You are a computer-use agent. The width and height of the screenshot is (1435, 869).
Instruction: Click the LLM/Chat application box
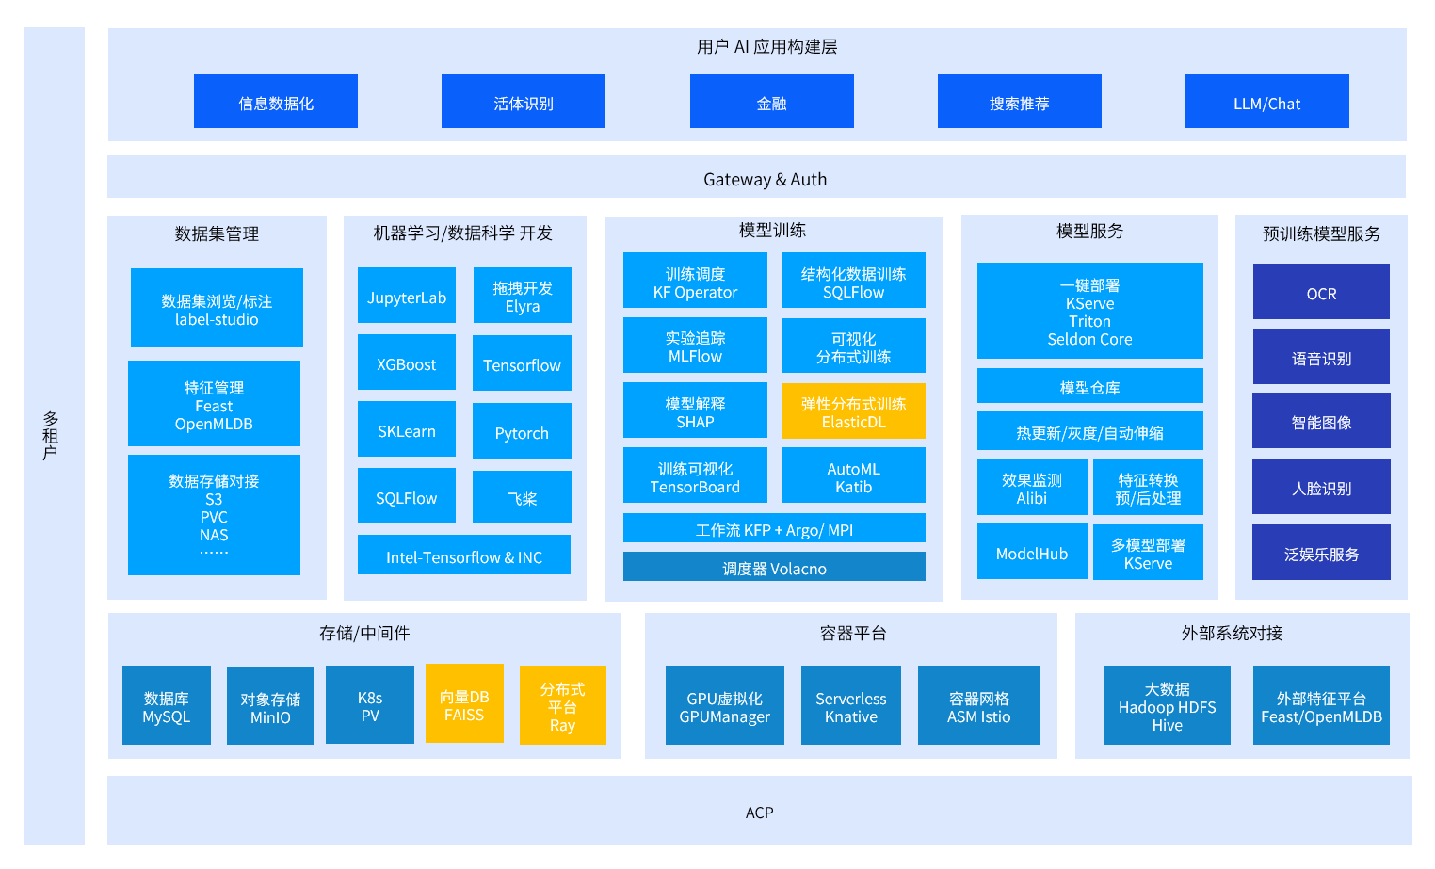coord(1266,102)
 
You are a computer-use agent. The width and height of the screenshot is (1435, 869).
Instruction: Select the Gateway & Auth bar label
coord(765,179)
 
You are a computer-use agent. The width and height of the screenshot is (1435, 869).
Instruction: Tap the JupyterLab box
coord(407,296)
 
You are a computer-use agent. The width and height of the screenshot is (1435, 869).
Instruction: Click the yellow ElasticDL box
coord(853,411)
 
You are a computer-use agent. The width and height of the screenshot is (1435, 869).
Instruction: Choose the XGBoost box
coord(407,362)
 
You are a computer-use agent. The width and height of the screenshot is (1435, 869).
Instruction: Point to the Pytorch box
coord(522,431)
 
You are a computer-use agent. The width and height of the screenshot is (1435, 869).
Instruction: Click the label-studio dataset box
coord(217,309)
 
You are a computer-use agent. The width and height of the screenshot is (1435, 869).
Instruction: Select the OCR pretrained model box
coord(1321,292)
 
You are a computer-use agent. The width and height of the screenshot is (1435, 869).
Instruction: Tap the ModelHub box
coord(1032,552)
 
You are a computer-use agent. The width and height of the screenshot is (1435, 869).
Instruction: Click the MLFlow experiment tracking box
coord(695,346)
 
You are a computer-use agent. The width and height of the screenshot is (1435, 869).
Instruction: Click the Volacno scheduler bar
coord(774,567)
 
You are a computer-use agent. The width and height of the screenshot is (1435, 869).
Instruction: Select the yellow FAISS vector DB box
coord(464,704)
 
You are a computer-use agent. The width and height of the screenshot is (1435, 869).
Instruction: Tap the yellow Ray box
coord(562,706)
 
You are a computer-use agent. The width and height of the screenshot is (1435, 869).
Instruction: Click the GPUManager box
coord(724,706)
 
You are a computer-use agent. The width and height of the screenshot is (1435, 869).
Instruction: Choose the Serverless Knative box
coord(851,706)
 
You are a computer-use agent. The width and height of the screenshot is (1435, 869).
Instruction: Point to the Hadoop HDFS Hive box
coord(1167,706)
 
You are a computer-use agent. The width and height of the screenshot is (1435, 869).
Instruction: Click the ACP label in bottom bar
coord(759,812)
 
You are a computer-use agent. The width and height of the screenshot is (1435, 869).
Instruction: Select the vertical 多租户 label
coord(51,435)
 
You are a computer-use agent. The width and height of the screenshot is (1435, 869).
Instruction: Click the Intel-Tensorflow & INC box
coord(464,555)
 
